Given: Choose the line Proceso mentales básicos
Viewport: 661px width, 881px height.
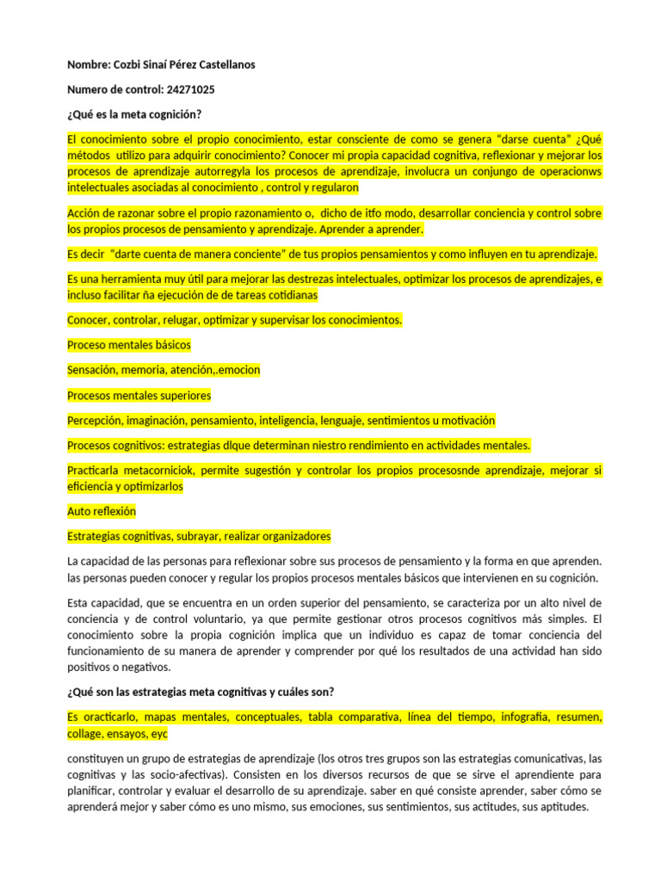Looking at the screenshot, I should [129, 344].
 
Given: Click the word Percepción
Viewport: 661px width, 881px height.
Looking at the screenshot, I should [94, 421].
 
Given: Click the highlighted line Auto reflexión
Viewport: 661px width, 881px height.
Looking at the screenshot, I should [102, 510].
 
